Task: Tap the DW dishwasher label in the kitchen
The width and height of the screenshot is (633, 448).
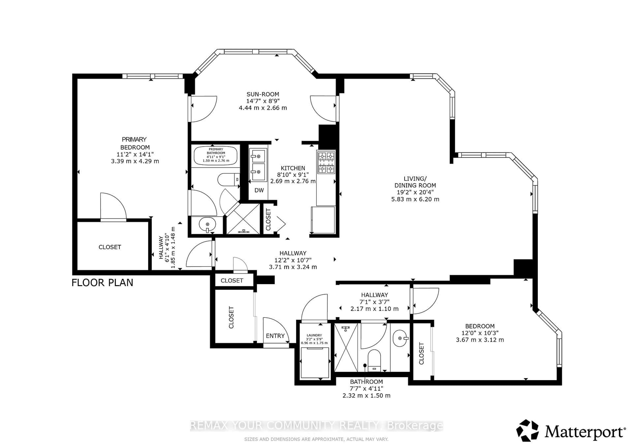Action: point(259,190)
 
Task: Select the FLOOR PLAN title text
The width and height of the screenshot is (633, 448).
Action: point(102,283)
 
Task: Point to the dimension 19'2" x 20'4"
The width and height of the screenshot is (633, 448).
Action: point(415,192)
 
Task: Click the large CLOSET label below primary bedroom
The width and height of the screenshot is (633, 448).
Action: point(110,247)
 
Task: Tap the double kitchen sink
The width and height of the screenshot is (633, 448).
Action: point(258,165)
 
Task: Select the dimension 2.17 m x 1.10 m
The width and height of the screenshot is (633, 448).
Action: point(374,309)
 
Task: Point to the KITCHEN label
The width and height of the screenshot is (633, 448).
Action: point(293,168)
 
